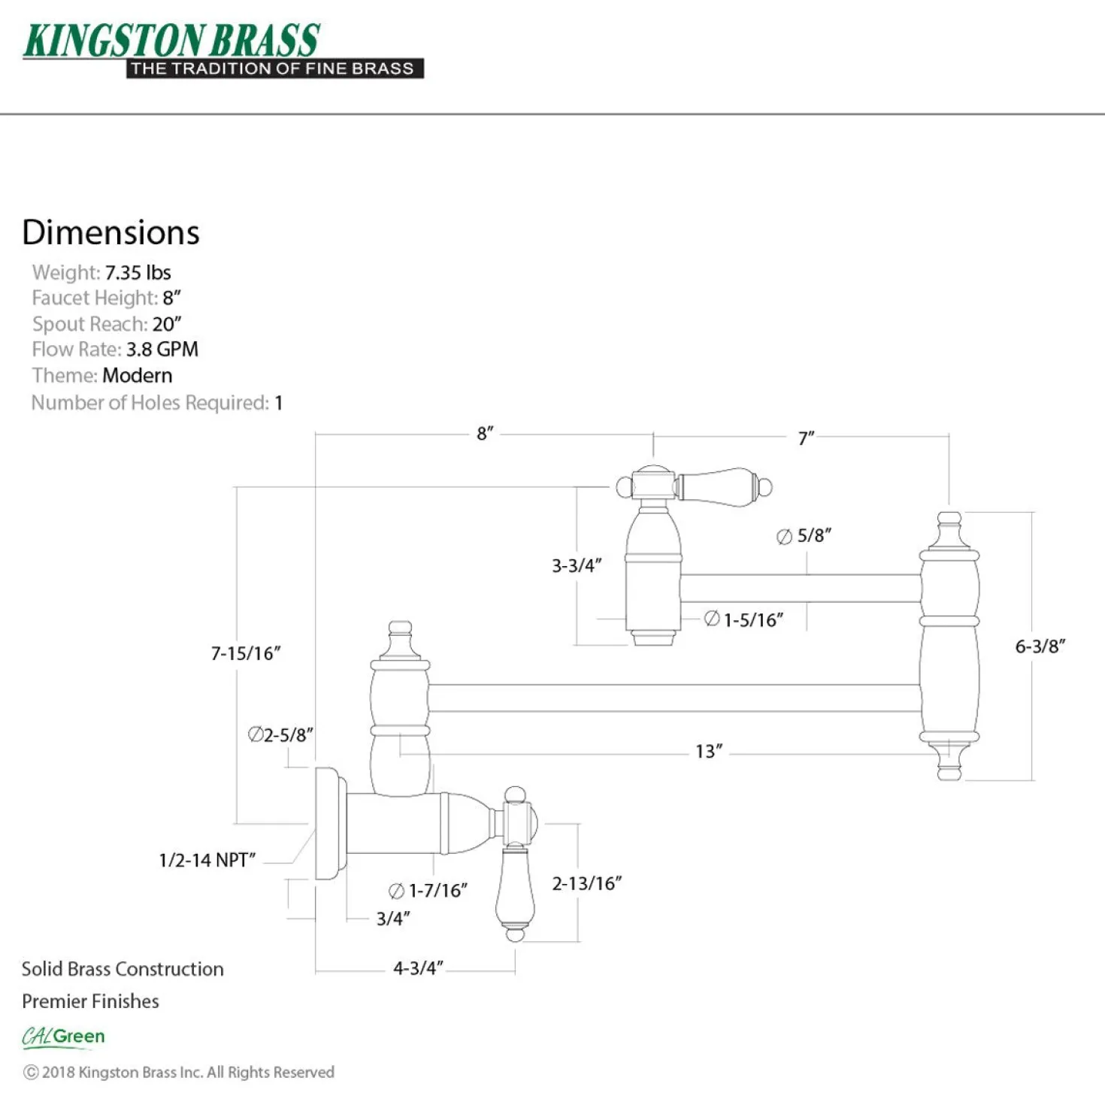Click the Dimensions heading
pos(110,232)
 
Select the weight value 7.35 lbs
pos(138,272)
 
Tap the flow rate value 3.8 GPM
pos(162,350)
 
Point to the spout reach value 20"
pos(167,324)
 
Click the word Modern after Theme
pos(137,376)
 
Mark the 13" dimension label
pos(709,751)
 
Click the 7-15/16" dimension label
pos(245,653)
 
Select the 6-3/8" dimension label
pos(1040,646)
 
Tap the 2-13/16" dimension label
pos(586,883)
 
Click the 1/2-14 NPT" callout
pos(207,860)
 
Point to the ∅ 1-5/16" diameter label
pos(743,620)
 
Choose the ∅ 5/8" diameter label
pos(804,535)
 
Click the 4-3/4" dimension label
pos(418,968)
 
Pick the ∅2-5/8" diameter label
pos(280,734)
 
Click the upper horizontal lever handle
pos(725,487)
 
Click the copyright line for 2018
pos(178,1073)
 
